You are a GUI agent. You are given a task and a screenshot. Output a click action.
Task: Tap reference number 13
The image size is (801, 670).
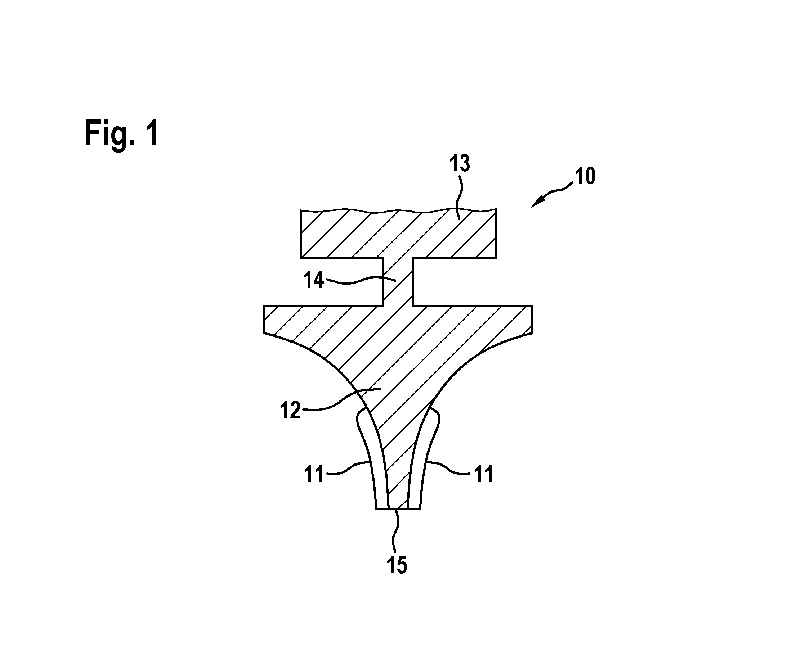460,163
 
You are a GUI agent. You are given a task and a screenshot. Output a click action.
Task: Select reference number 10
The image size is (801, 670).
585,176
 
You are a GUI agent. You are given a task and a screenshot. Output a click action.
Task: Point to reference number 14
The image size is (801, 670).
314,280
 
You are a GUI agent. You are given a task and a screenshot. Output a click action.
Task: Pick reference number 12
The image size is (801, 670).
291,411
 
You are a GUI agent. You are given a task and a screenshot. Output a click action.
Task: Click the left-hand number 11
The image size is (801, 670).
314,475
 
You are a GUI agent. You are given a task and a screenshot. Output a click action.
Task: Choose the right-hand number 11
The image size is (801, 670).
484,475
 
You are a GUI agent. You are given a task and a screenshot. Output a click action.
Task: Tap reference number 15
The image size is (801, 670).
397,565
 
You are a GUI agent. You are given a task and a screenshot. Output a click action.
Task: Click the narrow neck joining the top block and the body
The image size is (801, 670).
398,282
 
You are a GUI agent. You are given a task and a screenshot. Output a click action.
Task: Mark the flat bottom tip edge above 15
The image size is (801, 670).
398,509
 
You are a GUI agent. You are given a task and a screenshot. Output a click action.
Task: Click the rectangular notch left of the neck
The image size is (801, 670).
341,282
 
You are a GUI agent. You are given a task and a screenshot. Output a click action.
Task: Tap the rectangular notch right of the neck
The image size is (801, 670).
454,282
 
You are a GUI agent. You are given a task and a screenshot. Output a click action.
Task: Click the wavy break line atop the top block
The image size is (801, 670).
398,210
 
